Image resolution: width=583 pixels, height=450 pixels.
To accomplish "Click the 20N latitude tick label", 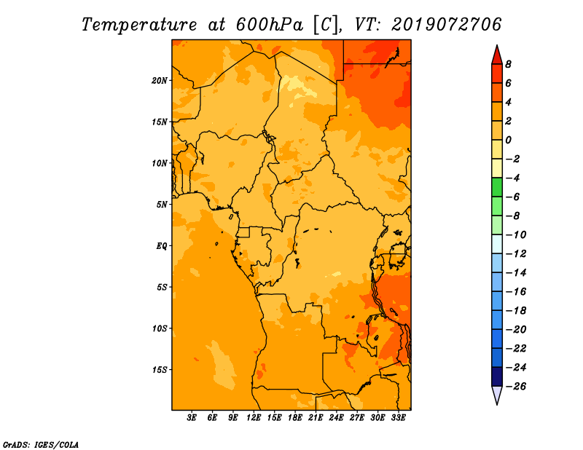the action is [x=160, y=81].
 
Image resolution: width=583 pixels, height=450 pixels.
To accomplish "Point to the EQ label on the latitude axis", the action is [x=162, y=246].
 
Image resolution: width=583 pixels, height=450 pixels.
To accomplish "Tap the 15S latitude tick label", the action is [x=160, y=370].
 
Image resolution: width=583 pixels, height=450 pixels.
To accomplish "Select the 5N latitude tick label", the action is [x=162, y=205].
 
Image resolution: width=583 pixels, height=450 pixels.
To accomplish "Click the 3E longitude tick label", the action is [x=192, y=417].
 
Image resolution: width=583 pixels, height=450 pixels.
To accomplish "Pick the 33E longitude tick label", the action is [x=398, y=417].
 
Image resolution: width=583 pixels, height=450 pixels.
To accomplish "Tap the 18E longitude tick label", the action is [x=295, y=417].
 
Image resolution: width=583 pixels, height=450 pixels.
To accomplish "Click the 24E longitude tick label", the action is [x=336, y=417].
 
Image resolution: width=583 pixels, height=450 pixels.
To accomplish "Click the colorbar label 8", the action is [x=508, y=64].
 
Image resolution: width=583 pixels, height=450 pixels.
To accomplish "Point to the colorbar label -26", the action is [x=516, y=387].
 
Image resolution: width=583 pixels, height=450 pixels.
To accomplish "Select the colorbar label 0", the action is [x=508, y=140].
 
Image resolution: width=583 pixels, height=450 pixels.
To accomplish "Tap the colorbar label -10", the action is [x=516, y=235].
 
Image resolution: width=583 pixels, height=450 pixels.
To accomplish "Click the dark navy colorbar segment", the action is [x=497, y=376].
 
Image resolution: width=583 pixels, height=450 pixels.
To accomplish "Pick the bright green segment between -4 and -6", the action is [x=497, y=187].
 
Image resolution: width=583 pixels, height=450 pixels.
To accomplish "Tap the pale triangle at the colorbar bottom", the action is [x=497, y=395].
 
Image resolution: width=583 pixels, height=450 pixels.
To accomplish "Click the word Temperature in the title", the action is [x=139, y=25].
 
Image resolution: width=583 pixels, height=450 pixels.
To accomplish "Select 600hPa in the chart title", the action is [x=270, y=25].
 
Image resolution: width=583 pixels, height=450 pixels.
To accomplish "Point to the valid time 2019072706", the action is [x=447, y=25].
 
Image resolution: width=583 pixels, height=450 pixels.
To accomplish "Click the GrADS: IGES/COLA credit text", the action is [x=41, y=445].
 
